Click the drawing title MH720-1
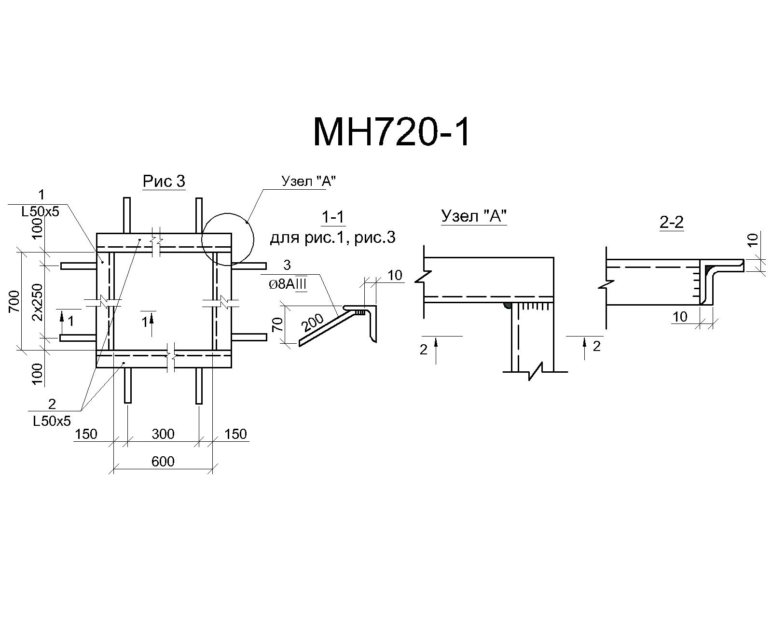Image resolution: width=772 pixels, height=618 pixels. click(x=391, y=133)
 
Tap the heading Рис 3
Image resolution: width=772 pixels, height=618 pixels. click(x=164, y=181)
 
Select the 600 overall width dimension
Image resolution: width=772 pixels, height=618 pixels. click(x=163, y=461)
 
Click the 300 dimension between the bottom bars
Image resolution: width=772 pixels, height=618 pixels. click(x=163, y=434)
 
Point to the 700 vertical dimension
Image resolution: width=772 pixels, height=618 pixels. click(x=14, y=301)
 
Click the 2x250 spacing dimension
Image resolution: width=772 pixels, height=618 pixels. click(x=37, y=302)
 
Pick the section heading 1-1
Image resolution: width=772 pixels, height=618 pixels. click(x=333, y=217)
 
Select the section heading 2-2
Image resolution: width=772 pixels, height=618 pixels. click(x=672, y=223)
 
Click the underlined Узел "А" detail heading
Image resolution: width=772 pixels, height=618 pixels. click(x=474, y=216)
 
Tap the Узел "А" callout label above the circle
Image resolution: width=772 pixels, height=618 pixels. click(x=308, y=182)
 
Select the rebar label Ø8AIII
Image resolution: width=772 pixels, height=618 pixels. click(x=288, y=284)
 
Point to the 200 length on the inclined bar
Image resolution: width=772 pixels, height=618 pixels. click(x=313, y=323)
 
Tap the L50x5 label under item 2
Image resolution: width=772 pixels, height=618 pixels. click(x=52, y=421)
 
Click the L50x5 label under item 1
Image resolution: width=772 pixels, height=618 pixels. click(x=40, y=211)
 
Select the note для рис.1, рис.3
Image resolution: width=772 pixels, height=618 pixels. click(x=332, y=238)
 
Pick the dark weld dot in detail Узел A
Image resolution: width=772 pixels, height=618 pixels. click(x=507, y=306)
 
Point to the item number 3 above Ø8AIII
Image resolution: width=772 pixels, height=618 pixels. click(x=287, y=265)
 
